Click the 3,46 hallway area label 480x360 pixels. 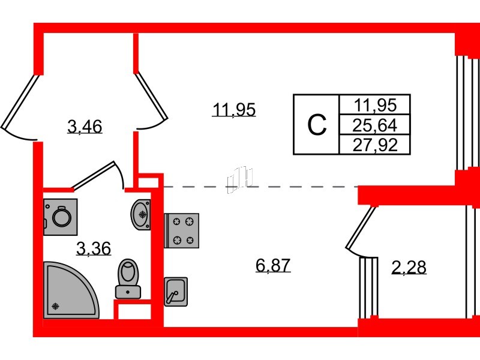point(85,127)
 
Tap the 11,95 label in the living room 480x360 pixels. point(234,110)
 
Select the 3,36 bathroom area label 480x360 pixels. point(94,248)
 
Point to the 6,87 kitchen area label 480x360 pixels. point(273,265)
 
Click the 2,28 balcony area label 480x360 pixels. point(409,267)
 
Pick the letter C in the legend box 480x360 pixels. point(317,125)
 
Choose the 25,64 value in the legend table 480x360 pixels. point(374,125)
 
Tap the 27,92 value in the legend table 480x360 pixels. point(375,145)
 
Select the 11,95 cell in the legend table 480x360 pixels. point(375,105)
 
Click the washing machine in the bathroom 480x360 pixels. point(61,217)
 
